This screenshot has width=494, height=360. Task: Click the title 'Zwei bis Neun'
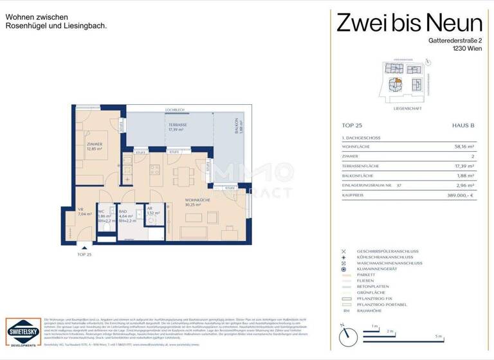coord(409,24)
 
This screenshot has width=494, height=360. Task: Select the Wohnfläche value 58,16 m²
coord(463,147)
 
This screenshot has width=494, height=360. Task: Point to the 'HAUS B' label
coord(463,126)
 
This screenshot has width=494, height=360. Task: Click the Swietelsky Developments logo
coord(23,332)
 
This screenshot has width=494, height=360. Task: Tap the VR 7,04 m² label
coord(82,212)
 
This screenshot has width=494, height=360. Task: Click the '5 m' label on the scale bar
coord(438,337)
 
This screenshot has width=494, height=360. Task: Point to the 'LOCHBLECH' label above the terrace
coord(175,110)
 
